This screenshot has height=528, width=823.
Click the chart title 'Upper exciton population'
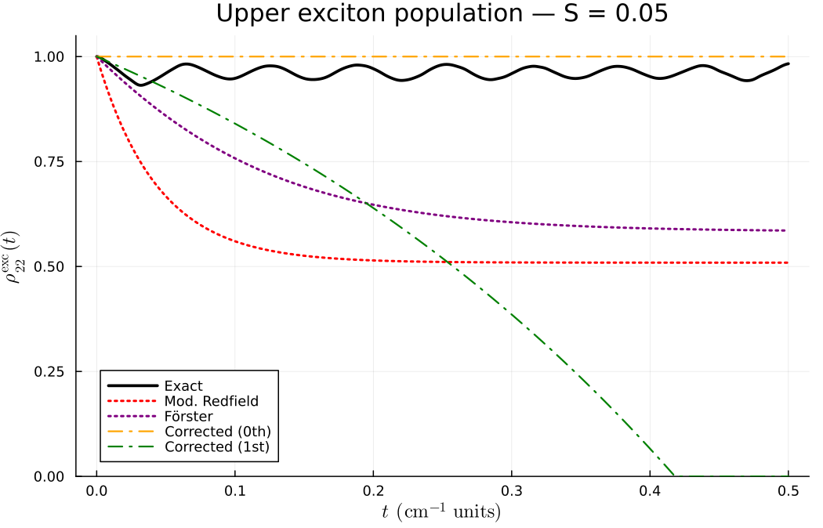(442, 14)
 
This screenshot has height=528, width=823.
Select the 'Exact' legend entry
(183, 385)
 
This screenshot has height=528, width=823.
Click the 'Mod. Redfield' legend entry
(211, 401)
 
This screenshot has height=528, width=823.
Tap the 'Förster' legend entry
(188, 416)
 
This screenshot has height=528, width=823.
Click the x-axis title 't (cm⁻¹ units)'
(442, 512)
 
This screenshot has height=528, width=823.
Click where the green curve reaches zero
(675, 476)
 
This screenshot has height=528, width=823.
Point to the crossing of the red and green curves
(447, 262)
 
